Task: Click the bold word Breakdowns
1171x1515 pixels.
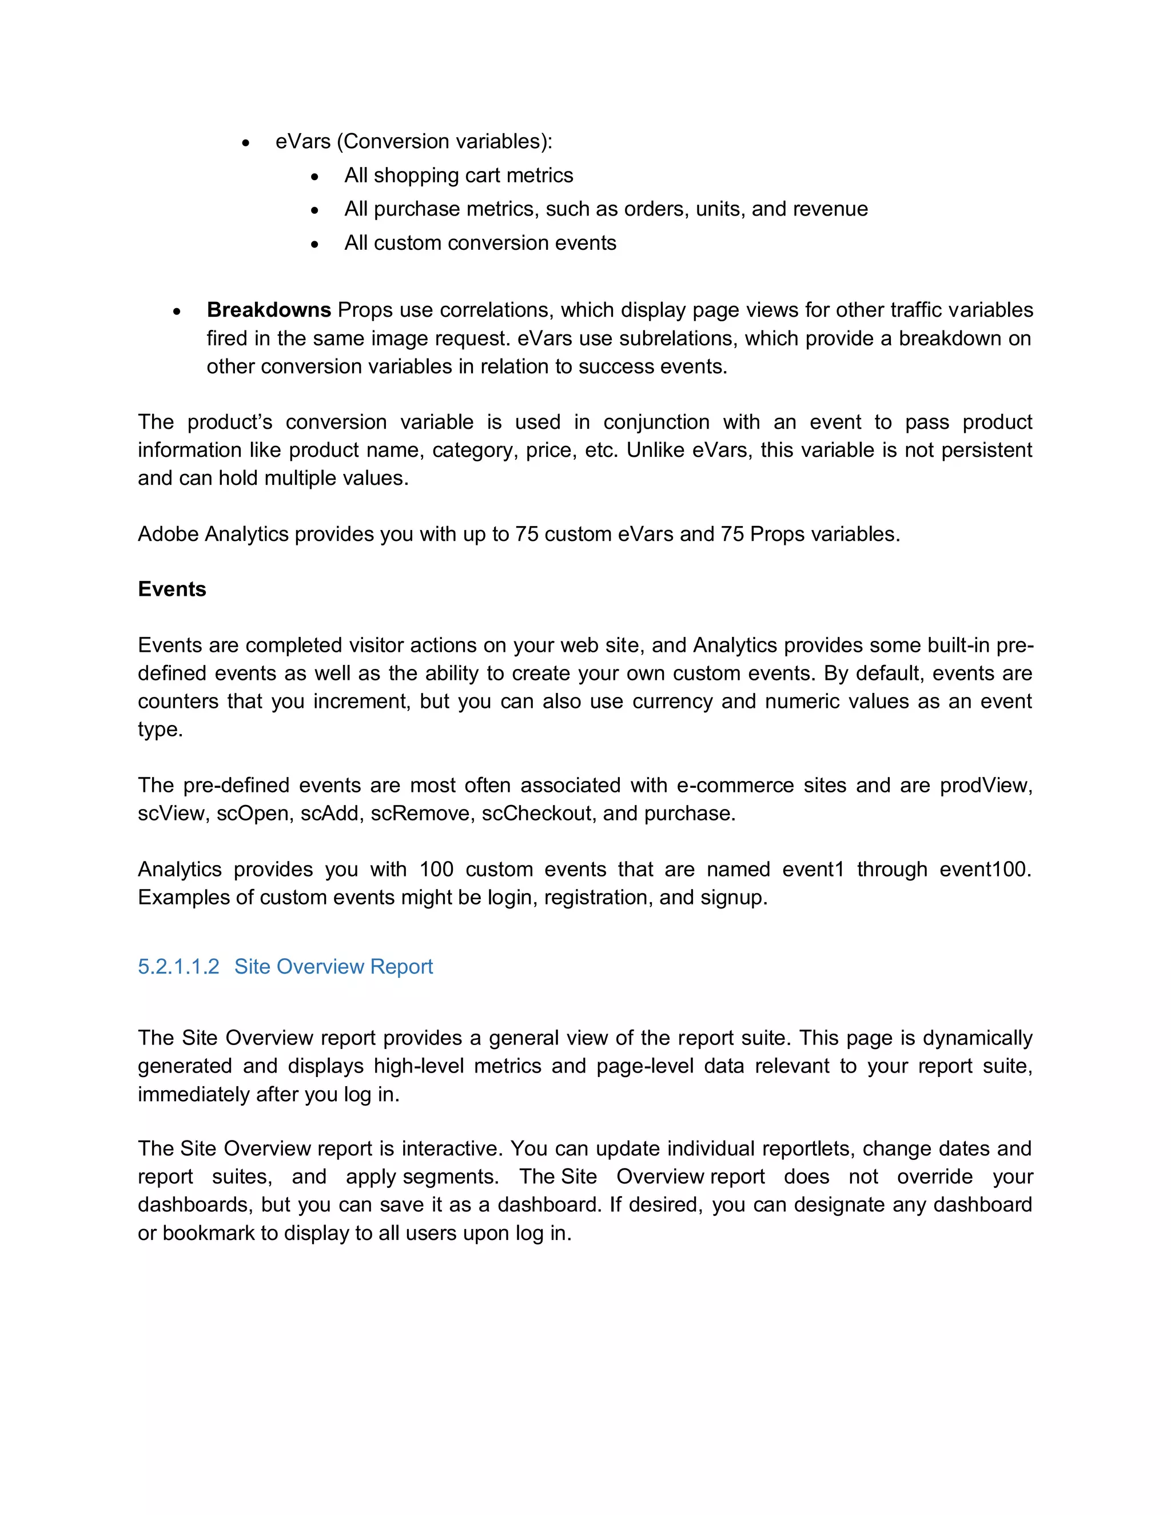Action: tap(269, 309)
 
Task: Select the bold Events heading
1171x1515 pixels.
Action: tap(172, 589)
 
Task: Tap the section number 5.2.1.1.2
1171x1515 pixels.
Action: tap(178, 966)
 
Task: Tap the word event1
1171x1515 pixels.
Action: tap(812, 869)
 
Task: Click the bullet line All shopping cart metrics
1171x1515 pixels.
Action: tap(459, 176)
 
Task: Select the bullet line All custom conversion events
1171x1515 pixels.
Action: tap(480, 243)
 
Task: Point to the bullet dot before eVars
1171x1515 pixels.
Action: tap(245, 143)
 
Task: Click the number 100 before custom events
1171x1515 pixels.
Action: tap(436, 869)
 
